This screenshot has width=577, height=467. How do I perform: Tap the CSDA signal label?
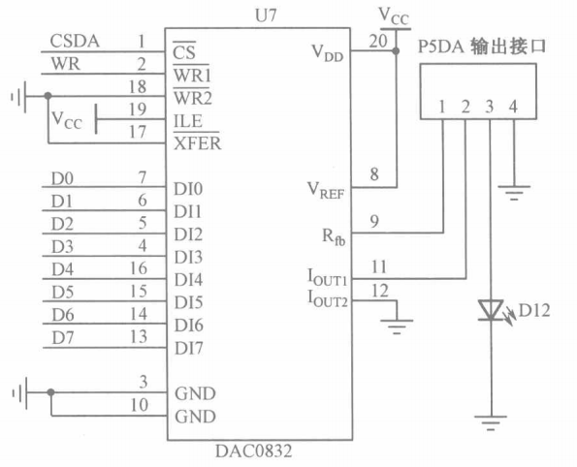tap(74, 41)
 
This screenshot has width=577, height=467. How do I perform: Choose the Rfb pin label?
tap(333, 233)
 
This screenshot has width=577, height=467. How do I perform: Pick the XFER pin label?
tap(195, 144)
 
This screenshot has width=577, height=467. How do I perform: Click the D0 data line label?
tap(60, 178)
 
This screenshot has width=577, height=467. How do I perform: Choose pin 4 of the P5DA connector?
tap(514, 106)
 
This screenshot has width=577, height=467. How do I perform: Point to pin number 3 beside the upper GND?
tap(143, 383)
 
